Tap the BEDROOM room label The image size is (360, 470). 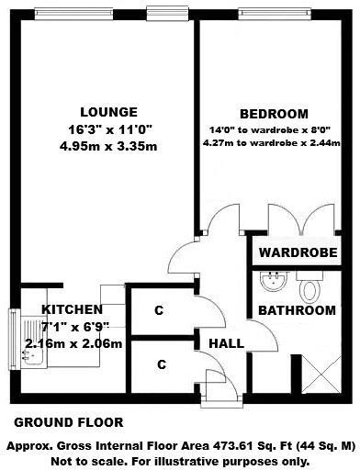[x=274, y=113]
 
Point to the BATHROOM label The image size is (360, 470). [x=297, y=310]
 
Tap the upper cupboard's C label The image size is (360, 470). [x=159, y=311]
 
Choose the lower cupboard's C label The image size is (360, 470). [x=161, y=364]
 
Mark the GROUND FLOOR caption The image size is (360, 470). [x=68, y=423]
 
